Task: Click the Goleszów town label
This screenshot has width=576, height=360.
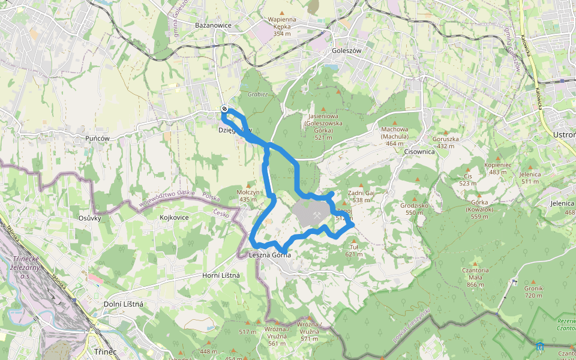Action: [346, 51]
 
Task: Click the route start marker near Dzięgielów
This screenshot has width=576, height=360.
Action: [224, 109]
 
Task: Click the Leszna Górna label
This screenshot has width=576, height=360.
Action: [269, 255]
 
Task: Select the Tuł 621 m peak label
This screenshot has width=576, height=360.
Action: [353, 250]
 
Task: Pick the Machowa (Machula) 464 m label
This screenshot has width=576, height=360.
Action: [395, 136]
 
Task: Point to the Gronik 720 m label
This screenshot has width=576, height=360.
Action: [533, 292]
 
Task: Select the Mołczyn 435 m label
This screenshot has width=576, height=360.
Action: [248, 196]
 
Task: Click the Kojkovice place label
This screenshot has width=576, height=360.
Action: [174, 217]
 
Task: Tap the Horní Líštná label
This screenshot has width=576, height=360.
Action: [221, 275]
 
